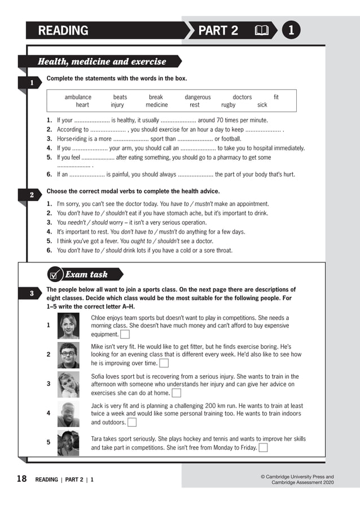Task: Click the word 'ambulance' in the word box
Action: [78, 97]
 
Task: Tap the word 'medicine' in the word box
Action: [156, 105]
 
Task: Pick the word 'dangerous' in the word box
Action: [197, 97]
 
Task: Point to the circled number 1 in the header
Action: [291, 30]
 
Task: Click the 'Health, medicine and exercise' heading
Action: [102, 62]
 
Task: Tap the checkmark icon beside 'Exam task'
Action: [54, 275]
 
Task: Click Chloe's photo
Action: [68, 326]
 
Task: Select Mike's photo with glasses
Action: [68, 355]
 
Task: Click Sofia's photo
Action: [68, 384]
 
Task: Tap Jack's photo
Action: [68, 414]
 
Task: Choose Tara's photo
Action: [68, 442]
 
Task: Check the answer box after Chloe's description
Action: [125, 335]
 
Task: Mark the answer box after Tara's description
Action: [263, 448]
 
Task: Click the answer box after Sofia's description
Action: [176, 393]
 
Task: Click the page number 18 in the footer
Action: [21, 479]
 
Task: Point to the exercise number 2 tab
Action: [32, 195]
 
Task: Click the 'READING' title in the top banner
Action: [63, 30]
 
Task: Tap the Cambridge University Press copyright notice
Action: [297, 480]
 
